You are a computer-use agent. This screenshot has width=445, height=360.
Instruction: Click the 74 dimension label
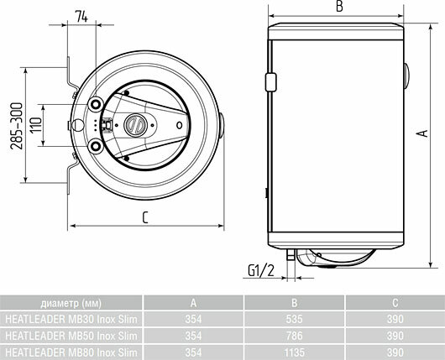(x=81, y=17)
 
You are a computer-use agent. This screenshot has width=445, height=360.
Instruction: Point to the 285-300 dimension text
(x=16, y=126)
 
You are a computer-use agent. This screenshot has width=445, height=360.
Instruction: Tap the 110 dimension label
(x=36, y=125)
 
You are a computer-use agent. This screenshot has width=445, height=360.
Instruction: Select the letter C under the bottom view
(x=145, y=217)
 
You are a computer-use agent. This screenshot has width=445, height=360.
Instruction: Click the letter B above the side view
(x=339, y=6)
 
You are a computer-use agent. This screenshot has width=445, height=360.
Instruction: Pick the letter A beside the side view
(x=423, y=133)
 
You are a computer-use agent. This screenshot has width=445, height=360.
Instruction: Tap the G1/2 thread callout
(x=261, y=270)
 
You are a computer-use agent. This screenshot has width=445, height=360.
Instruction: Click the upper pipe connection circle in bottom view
(x=96, y=105)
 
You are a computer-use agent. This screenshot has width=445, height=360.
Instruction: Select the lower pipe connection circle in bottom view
(x=96, y=146)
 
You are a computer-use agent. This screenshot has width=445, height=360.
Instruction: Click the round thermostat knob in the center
(x=135, y=125)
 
